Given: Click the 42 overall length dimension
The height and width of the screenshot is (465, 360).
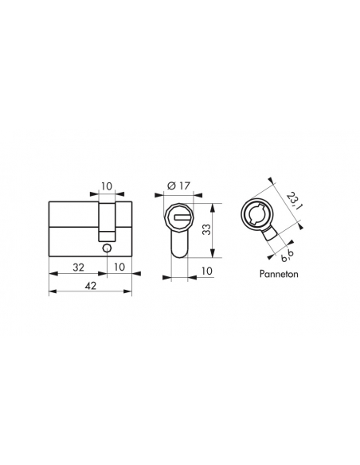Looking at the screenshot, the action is point(91,286).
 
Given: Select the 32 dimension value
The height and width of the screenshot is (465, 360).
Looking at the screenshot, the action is point(79,268).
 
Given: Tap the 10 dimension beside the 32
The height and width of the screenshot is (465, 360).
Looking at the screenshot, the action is point(119,267).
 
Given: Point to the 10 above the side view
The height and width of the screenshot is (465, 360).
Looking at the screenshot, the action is point(107,186).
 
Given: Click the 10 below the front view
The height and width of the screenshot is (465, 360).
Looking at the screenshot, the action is point(207,271).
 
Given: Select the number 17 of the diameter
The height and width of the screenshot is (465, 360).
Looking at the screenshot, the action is point(184,186).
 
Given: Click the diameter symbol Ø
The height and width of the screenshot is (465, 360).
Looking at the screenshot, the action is point(171,186).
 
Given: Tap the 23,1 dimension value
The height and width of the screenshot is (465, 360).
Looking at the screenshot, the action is point(294,201).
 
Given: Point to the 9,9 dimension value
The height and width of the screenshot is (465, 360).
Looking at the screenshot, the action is point(287,256).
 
